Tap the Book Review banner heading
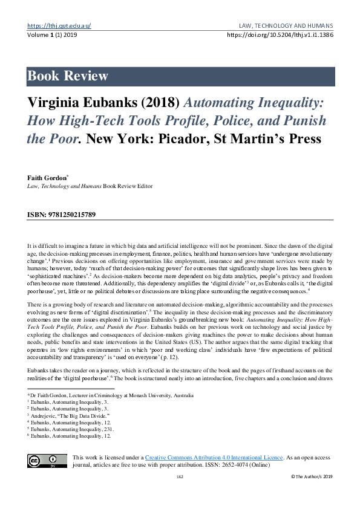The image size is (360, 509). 68,76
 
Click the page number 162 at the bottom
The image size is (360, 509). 180,477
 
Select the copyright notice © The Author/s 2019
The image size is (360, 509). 312,477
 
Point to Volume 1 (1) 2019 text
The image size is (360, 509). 51,35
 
